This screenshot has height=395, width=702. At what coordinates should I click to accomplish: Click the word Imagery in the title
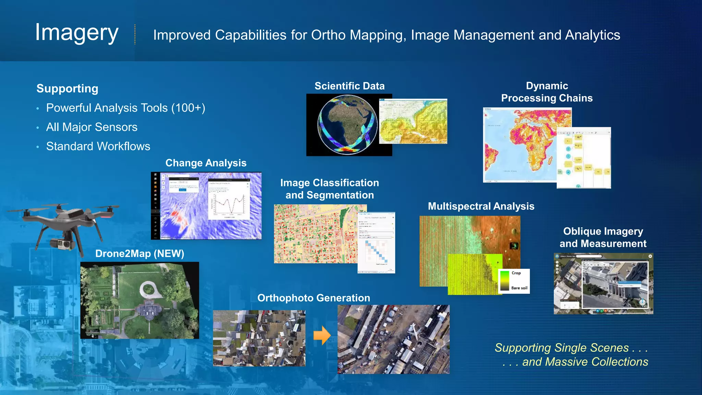pos(77,33)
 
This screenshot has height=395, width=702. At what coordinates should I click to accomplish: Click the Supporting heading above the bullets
pos(67,88)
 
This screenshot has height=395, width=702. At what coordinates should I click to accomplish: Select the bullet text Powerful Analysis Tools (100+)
pos(125,108)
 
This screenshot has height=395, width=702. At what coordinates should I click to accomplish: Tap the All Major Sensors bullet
pos(92,127)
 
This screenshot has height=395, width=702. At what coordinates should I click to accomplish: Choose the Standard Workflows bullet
pos(98,146)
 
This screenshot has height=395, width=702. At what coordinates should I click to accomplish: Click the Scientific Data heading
pos(349,86)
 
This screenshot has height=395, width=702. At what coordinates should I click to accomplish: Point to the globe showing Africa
pos(348,125)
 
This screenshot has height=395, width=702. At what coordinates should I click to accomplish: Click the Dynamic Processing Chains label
pos(547,92)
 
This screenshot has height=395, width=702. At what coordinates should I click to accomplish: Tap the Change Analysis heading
pos(206,163)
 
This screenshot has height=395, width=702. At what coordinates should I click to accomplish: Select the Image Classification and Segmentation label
pos(329,189)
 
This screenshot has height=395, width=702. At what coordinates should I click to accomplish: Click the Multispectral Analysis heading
pos(481,206)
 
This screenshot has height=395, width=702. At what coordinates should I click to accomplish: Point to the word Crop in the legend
pos(516,273)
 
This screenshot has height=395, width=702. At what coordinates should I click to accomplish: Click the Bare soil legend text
pos(519,288)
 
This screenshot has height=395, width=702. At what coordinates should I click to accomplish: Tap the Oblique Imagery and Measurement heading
pos(603,237)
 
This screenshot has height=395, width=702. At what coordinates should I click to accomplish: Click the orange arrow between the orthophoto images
pos(322,335)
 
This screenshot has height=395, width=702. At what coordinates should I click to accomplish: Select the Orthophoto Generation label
pos(314,298)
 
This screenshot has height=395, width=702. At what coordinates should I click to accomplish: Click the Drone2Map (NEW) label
pos(140,254)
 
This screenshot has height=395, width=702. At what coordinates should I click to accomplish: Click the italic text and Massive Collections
pos(585,362)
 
